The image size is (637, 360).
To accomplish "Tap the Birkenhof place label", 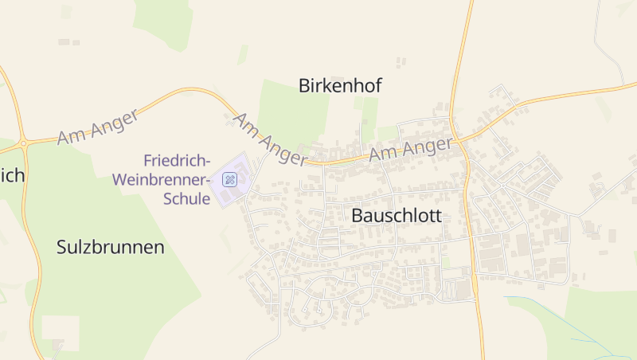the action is pos(340,86).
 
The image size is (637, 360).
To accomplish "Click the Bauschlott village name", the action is pos(396,216).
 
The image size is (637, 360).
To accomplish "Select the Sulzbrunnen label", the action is pos(111,247).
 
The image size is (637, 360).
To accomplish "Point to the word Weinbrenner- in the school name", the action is pos(162,179).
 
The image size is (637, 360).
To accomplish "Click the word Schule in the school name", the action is pos(186,198).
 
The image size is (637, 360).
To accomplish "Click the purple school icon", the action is pos(230,179).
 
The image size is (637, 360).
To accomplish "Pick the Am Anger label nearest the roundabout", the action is pos(98,127).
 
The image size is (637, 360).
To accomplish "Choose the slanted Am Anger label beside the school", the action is pos(269,139).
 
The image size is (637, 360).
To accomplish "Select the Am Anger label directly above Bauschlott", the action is pos(412,151).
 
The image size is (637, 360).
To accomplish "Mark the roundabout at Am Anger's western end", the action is pos(24,143).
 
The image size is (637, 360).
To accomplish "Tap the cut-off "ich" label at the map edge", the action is pos(12,175).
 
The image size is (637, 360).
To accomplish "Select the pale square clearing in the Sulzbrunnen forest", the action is pos(61,331).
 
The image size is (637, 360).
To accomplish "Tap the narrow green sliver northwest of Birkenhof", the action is pos(242,54).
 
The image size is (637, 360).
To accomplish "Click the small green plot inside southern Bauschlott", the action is pos(447,262).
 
